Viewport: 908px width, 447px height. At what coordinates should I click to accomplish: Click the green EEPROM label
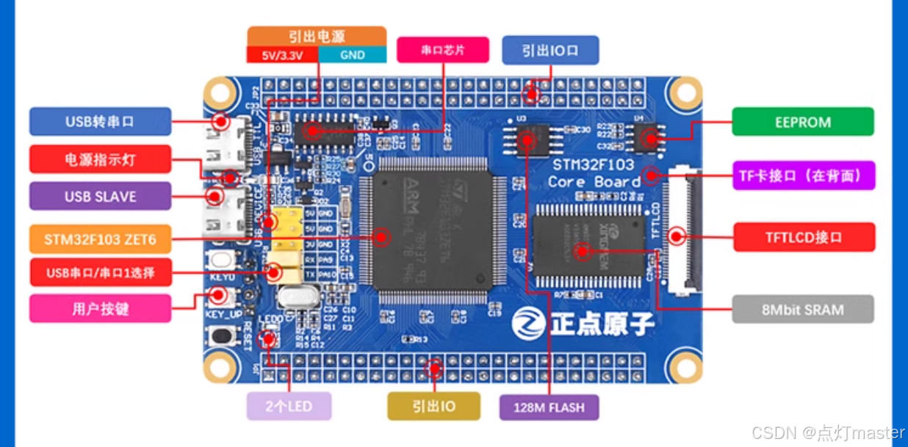click(x=803, y=122)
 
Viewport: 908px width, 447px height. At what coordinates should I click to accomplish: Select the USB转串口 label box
click(x=100, y=122)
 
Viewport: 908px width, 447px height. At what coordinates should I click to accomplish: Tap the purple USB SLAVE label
click(x=100, y=196)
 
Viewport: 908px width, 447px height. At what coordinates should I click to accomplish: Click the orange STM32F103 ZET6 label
click(x=100, y=239)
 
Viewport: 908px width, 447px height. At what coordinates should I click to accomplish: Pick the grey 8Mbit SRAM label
click(x=803, y=310)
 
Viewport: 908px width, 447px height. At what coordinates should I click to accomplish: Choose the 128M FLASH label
click(x=549, y=407)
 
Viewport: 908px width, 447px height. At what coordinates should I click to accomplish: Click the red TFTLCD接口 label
click(x=804, y=238)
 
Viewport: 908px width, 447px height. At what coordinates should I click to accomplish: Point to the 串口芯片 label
click(x=443, y=50)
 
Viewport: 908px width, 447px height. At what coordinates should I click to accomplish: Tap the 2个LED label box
click(x=289, y=406)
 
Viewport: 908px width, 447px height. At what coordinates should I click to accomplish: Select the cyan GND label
click(x=352, y=55)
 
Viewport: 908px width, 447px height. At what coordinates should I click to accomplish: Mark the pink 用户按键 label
click(x=100, y=308)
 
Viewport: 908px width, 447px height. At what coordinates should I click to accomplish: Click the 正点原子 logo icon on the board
click(x=526, y=323)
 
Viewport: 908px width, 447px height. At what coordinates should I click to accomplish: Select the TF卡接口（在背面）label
click(x=804, y=175)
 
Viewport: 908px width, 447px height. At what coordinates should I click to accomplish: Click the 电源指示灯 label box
click(x=100, y=159)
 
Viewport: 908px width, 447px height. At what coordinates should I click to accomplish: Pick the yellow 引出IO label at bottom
click(x=433, y=406)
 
